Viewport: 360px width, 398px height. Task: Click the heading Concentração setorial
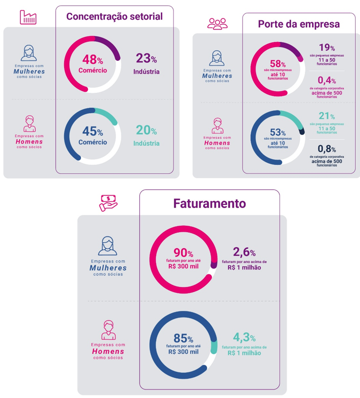[114, 17]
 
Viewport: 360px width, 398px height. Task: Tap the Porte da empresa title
[299, 24]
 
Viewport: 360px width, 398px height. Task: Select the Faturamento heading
[209, 203]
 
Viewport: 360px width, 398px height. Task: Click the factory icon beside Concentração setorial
[28, 18]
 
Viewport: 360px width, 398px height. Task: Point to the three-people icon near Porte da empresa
[217, 23]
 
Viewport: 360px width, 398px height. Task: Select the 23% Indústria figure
[146, 63]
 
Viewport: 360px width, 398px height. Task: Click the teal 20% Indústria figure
[146, 136]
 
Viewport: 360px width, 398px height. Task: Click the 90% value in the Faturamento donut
[183, 257]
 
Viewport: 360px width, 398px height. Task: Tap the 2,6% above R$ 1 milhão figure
[244, 257]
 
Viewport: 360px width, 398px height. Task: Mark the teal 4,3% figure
[244, 342]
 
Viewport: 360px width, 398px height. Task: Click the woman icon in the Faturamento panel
[108, 245]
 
